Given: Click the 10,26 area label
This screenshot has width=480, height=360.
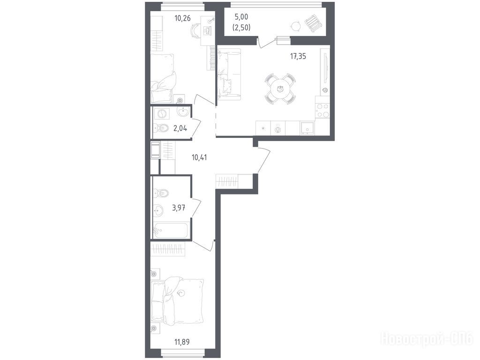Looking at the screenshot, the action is point(182,18).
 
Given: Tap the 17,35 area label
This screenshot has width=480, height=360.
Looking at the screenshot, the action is point(298,56).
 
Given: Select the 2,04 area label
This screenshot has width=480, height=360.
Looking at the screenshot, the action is point(180,128).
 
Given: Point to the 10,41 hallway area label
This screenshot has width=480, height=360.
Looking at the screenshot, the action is point(199,158).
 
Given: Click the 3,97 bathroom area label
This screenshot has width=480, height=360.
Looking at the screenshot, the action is point(179,209).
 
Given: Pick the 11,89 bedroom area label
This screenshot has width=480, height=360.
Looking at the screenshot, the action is point(181,342).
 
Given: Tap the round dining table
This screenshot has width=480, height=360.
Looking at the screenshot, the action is point(280,89).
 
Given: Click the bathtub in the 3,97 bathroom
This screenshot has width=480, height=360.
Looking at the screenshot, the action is point(171,230).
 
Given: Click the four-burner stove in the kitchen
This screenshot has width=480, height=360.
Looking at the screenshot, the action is point(322,111).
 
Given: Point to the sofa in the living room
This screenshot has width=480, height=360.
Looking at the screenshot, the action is point(229,75).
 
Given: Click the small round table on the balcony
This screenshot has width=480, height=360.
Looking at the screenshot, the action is point(296,27).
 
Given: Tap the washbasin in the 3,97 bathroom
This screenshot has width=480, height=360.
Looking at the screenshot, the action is point(158,210).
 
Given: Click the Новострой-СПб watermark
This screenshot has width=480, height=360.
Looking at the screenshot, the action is point(427,339).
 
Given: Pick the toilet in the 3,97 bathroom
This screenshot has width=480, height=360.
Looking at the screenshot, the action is point(161,193).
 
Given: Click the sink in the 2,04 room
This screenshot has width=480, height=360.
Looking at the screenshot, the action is point(184,112).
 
